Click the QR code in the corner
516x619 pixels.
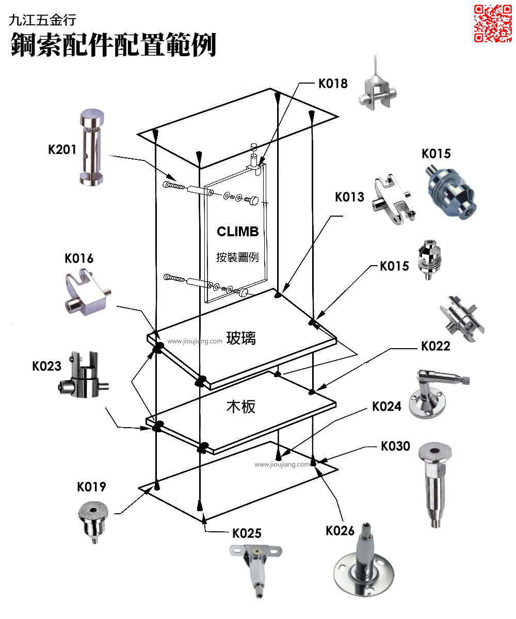(x=493, y=23)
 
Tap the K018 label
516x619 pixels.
(x=332, y=84)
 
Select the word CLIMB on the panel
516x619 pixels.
(x=237, y=232)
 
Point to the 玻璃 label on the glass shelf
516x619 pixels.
(x=241, y=338)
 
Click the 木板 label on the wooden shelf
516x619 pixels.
(x=241, y=407)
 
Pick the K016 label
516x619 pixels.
(x=79, y=258)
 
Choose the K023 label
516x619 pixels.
(x=46, y=366)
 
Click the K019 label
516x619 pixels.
(x=91, y=487)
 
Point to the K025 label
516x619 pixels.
(x=247, y=533)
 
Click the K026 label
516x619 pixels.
(x=340, y=530)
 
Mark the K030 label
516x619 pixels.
(x=395, y=446)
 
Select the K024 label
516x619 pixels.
(x=386, y=406)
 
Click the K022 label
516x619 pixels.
(x=436, y=346)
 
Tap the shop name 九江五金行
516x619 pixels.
(x=42, y=20)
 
